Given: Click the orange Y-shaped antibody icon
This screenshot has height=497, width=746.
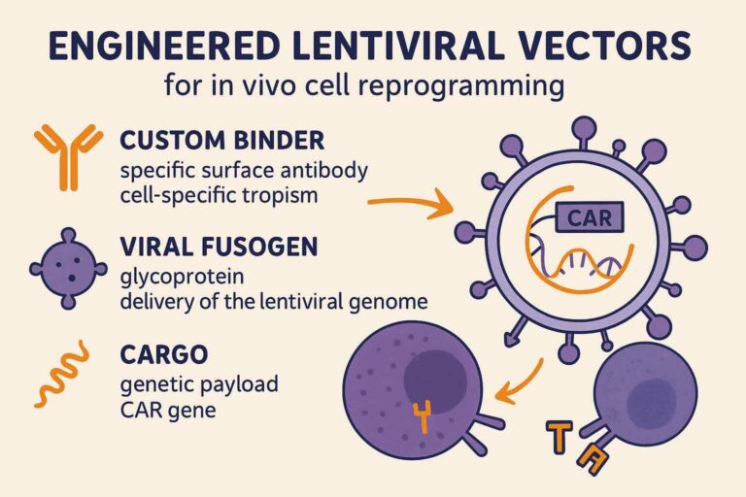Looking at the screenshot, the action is click(69, 157).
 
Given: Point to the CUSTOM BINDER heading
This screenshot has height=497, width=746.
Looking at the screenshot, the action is click(222, 141).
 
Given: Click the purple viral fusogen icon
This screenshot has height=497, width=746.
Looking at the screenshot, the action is click(69, 269).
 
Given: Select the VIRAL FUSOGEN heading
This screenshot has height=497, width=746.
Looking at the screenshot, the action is click(219, 247).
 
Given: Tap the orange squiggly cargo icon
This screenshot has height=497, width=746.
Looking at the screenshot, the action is click(62, 375).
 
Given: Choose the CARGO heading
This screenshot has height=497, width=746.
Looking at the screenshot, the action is click(164, 354).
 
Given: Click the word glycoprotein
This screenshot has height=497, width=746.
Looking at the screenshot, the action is click(183, 278).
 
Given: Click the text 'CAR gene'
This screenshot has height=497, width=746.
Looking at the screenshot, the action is click(168, 410).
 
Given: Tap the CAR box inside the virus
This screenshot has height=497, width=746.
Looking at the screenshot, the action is click(590, 217).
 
